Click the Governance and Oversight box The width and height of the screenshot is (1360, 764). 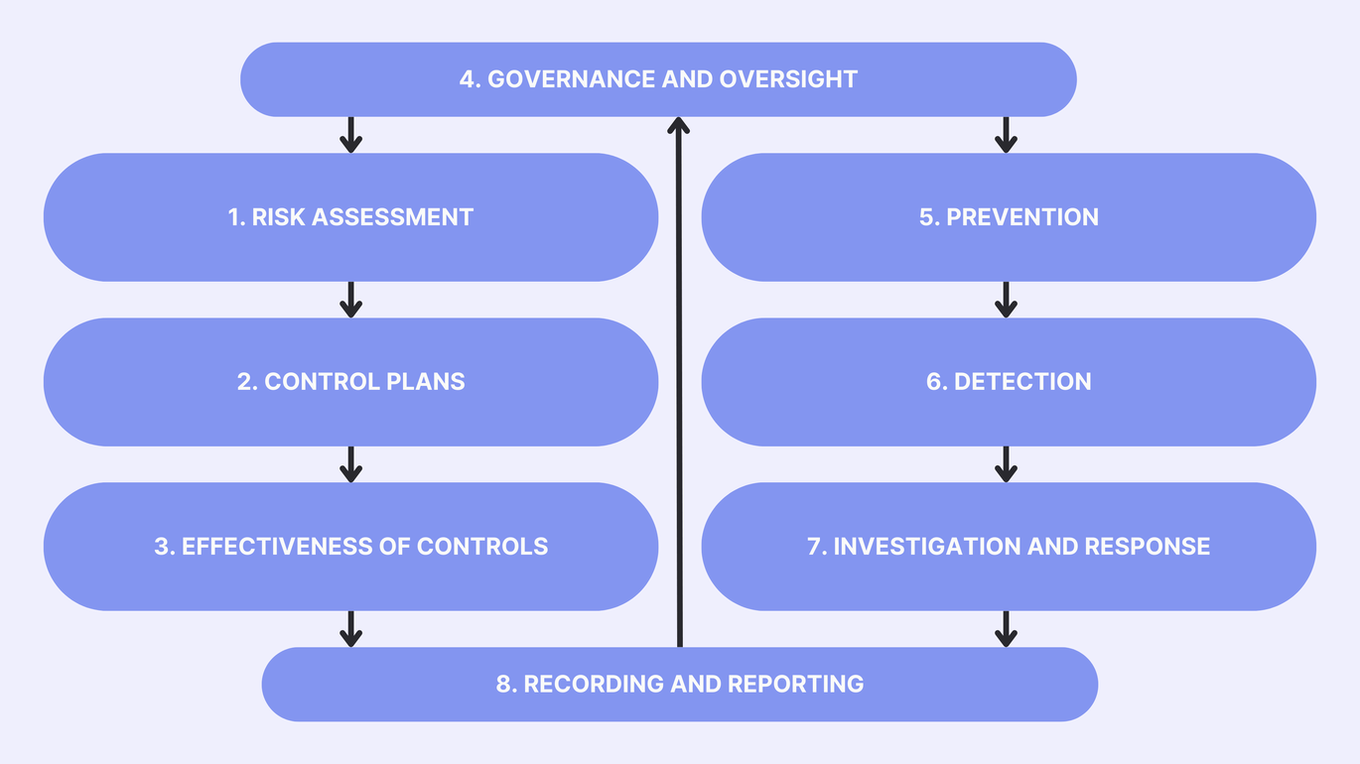point(658,79)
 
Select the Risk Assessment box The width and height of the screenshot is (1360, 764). point(350,217)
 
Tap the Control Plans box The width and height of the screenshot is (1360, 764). point(350,382)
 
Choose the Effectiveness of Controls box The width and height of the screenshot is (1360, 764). point(350,547)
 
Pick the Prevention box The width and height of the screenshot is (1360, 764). point(1009,217)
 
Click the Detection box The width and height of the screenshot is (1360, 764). point(1009,382)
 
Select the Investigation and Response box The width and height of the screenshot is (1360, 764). point(1009,547)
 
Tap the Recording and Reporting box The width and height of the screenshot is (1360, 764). point(679,685)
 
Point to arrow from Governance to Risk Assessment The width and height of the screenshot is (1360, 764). point(349,135)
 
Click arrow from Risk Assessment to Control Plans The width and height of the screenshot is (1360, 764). point(349,300)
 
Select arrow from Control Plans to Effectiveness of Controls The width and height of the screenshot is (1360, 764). point(349,464)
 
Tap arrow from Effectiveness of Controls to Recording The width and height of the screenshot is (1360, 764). point(349,629)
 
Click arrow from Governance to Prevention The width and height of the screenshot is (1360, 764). point(1006,135)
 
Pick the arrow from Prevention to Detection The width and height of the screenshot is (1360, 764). point(1006,300)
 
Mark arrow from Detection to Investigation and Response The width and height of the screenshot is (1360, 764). point(1006,464)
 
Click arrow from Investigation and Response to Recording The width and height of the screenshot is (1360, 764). point(1006,629)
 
